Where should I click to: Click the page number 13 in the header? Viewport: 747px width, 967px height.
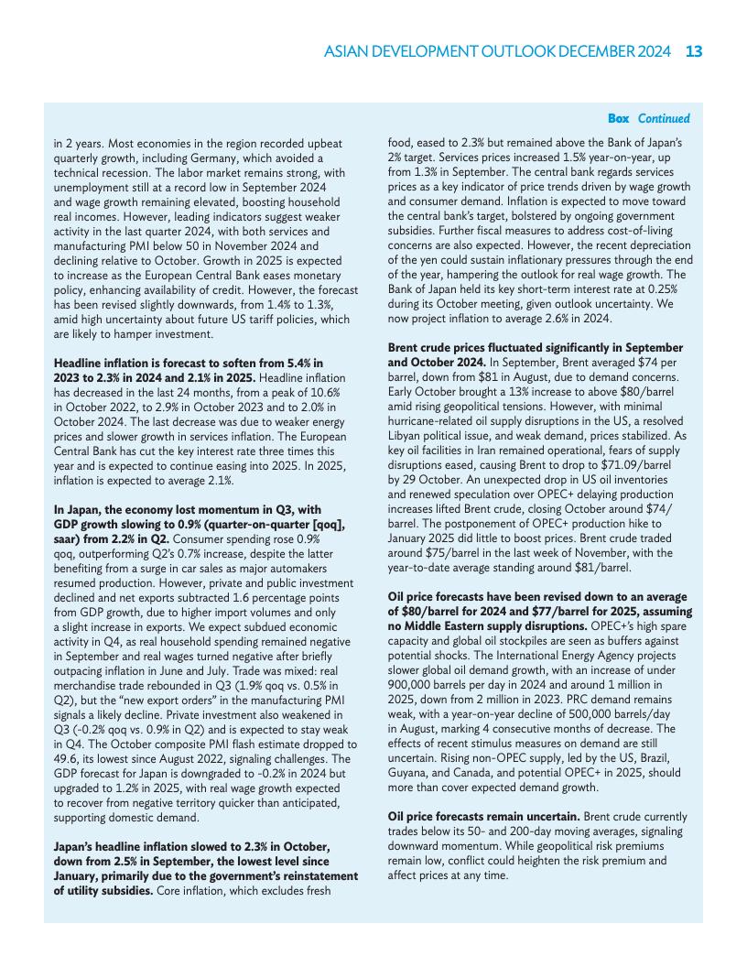(x=694, y=51)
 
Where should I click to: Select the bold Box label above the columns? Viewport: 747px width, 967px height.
(x=619, y=118)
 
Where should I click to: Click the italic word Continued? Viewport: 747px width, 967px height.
(x=664, y=118)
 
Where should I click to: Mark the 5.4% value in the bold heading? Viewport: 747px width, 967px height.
(x=304, y=364)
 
